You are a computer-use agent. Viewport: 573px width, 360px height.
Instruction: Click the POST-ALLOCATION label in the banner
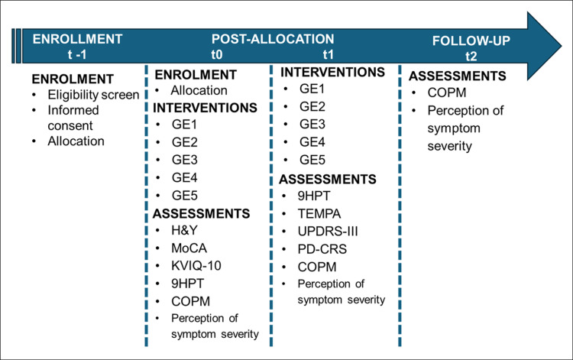(273, 39)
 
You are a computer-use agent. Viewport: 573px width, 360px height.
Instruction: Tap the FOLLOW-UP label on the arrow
(471, 41)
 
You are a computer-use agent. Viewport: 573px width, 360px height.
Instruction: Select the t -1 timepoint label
(77, 54)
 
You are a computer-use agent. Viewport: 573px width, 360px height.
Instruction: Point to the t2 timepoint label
(471, 56)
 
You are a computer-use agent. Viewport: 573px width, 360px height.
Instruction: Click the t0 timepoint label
(217, 54)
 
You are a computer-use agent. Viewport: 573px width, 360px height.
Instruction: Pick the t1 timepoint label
(329, 54)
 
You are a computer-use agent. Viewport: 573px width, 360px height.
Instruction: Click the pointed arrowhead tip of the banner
(562, 46)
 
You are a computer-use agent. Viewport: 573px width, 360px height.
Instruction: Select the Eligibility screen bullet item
(93, 95)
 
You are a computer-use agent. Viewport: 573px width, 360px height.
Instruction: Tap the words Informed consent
(73, 118)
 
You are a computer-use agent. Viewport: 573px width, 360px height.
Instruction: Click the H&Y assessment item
(184, 230)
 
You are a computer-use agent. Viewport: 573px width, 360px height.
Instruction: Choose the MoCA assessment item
(189, 248)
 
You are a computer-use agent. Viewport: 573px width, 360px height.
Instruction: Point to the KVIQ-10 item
(196, 266)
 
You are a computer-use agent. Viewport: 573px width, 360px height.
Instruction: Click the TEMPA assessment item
(319, 213)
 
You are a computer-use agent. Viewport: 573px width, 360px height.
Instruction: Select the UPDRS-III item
(328, 232)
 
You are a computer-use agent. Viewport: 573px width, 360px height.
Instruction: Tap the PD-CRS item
(322, 249)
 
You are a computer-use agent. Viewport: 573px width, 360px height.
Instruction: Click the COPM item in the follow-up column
(447, 92)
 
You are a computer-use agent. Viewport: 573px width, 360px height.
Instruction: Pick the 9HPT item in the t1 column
(313, 196)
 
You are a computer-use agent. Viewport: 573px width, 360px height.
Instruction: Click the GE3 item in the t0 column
(185, 160)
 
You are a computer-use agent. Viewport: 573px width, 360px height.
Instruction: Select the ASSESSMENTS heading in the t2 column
(457, 76)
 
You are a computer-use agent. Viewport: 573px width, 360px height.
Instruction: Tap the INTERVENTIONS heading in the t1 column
(332, 72)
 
